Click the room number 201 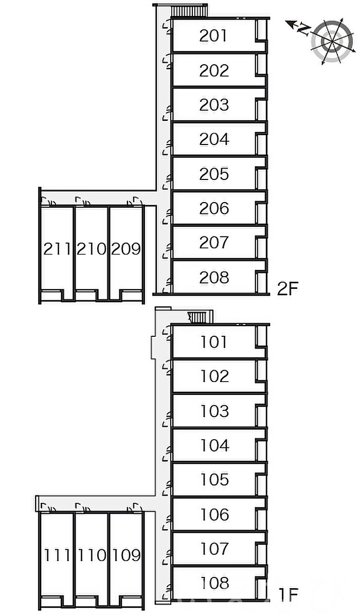[x=213, y=36]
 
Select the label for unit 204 [x=213, y=139]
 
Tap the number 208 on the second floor [x=213, y=277]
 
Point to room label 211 [x=57, y=249]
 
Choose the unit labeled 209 [x=126, y=249]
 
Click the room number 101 [x=214, y=342]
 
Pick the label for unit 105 [x=214, y=480]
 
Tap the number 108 [x=214, y=583]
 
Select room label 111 [x=58, y=555]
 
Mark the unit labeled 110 [x=92, y=555]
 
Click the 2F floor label [x=287, y=289]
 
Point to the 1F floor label [x=289, y=595]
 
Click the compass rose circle [x=331, y=41]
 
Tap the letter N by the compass [x=303, y=29]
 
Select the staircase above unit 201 [x=189, y=11]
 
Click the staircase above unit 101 [x=200, y=317]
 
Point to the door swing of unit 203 [x=168, y=115]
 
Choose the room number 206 [x=213, y=208]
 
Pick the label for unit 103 [x=214, y=411]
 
